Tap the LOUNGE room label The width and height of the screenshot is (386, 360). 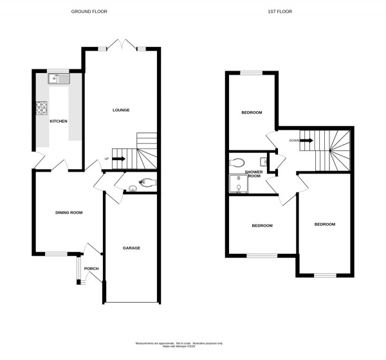pyautogui.click(x=121, y=110)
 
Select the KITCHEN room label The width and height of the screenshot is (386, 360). pyautogui.click(x=59, y=121)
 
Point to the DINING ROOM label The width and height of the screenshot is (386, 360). pyautogui.click(x=68, y=212)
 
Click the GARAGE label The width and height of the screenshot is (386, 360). pyautogui.click(x=131, y=248)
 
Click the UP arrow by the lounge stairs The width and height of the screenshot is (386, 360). pyautogui.click(x=118, y=159)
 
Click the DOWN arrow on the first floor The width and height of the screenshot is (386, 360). pyautogui.click(x=306, y=140)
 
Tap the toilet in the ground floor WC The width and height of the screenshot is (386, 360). pyautogui.click(x=145, y=182)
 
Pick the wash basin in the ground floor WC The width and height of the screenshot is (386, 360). pyautogui.click(x=133, y=188)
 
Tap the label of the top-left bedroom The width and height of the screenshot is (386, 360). pyautogui.click(x=252, y=113)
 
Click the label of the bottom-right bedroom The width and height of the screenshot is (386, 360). pyautogui.click(x=325, y=224)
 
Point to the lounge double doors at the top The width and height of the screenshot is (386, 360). pyautogui.click(x=121, y=46)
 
